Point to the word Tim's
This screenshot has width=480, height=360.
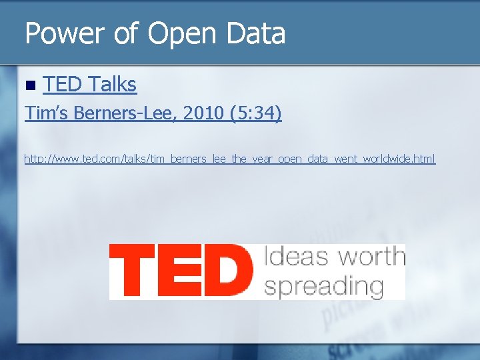coord(47,114)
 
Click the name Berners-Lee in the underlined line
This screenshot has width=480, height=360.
coord(125,114)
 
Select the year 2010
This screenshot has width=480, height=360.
coord(203,114)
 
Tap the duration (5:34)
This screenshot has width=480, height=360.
coord(255,114)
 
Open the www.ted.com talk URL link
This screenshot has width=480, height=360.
coord(229,159)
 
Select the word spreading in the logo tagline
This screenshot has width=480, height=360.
coord(324,287)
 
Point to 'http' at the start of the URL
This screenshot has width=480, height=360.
coord(33,159)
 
